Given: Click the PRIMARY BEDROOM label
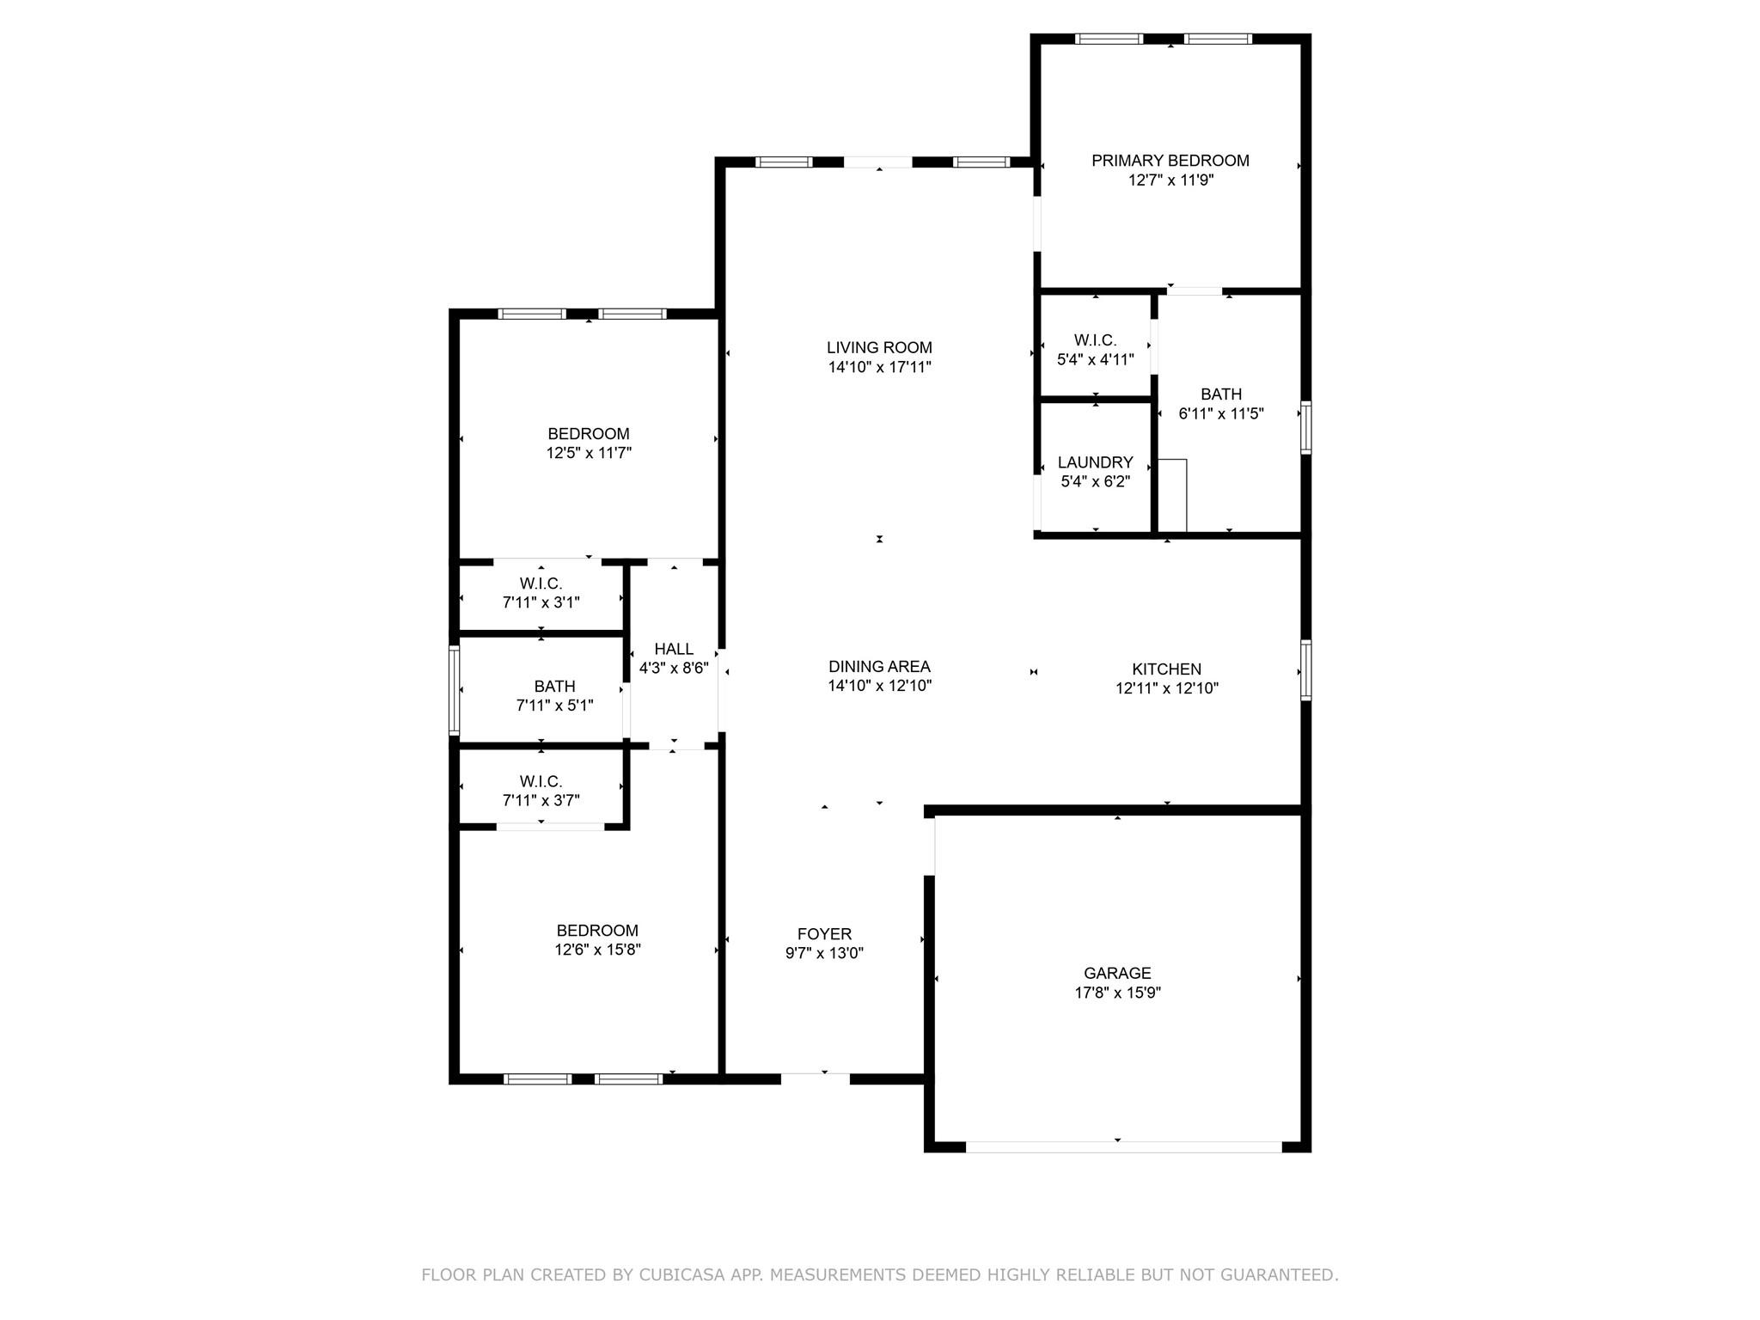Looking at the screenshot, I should coord(1170,161).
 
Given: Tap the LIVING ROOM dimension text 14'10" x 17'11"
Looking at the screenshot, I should coord(879,368).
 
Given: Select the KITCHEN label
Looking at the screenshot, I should coord(1166,669).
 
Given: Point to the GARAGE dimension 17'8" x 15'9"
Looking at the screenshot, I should coord(1117,993).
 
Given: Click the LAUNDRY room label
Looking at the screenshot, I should coord(1095,462).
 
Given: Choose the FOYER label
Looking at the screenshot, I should coord(824,934).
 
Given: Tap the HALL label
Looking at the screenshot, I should coord(673,649).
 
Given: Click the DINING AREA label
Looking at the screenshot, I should coord(879,667).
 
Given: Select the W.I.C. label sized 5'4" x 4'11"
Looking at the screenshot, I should coord(1095,341).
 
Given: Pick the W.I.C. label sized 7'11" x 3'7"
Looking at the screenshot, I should coord(541,782).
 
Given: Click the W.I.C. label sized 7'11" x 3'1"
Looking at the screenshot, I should coord(541,584).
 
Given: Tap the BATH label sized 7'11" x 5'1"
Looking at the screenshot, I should coord(554,687).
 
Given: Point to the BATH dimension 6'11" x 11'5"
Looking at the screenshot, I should coord(1220,414).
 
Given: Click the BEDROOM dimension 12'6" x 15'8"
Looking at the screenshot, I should coord(597,950).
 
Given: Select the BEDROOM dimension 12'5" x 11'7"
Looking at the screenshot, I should coord(589,453).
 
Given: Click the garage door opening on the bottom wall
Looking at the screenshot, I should coord(1123,1146).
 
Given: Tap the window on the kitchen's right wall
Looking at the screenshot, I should coord(1305,669).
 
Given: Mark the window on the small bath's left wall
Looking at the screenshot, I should coord(455,690).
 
